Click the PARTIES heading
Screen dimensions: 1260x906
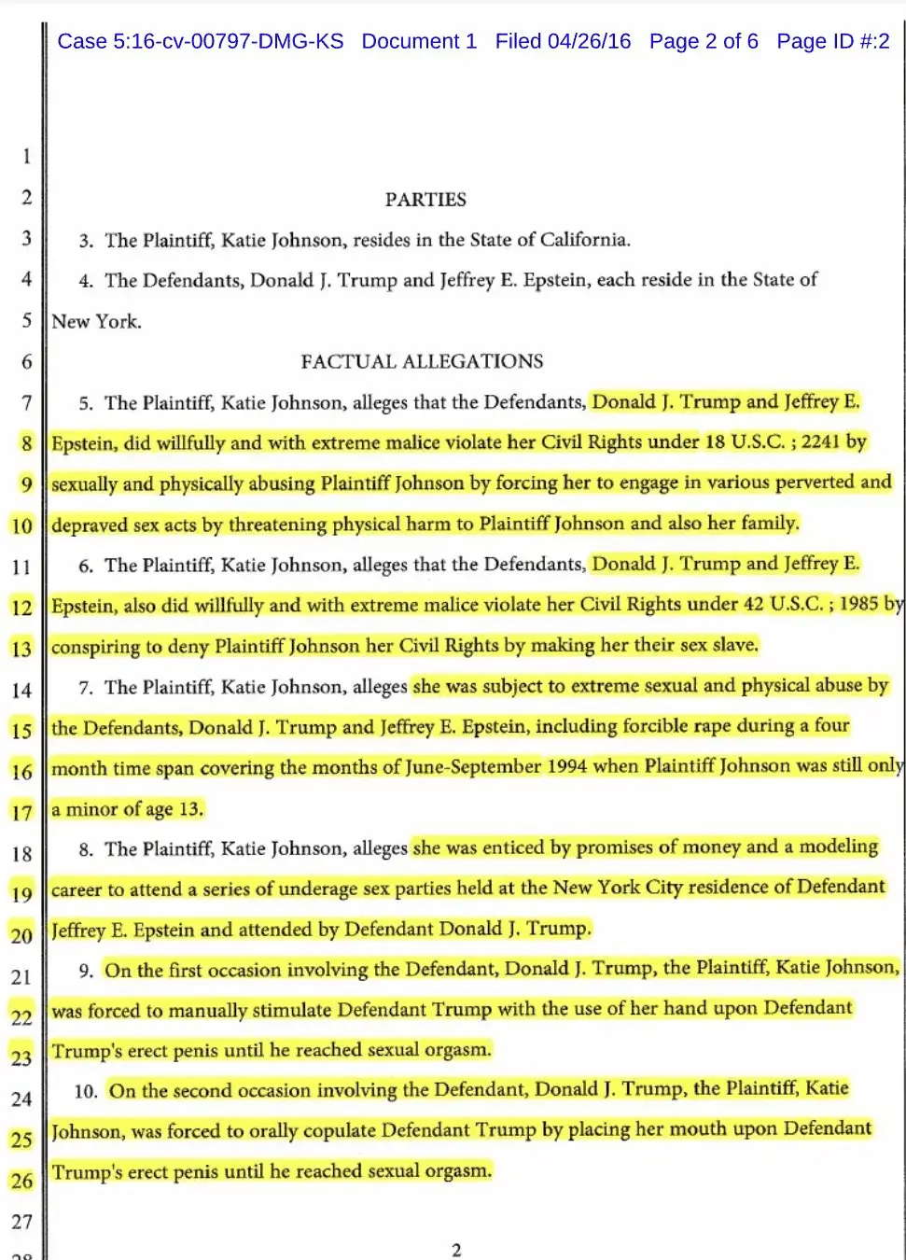click(425, 199)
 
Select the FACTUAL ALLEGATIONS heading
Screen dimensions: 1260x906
click(422, 361)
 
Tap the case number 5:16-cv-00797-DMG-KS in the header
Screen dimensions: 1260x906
click(200, 41)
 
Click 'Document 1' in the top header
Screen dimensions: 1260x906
click(419, 41)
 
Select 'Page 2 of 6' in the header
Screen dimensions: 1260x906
click(704, 41)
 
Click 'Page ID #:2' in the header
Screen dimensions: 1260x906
click(833, 41)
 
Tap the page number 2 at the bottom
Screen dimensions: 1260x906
click(456, 1250)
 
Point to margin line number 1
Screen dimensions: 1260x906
click(26, 156)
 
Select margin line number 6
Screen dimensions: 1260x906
click(26, 361)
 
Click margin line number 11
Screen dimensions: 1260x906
click(21, 567)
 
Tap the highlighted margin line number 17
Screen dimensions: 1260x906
click(21, 812)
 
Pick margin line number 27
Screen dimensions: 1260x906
click(21, 1221)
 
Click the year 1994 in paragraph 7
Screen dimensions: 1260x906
click(567, 767)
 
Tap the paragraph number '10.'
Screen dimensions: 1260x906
click(86, 1091)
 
